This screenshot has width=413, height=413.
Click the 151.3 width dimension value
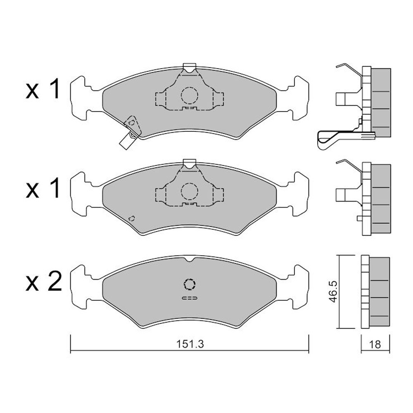click(x=190, y=344)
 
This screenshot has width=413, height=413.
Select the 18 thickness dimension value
click(x=375, y=344)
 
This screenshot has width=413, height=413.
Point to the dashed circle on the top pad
click(x=190, y=95)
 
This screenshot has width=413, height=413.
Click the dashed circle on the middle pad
click(x=190, y=191)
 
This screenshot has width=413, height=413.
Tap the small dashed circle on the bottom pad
click(x=190, y=284)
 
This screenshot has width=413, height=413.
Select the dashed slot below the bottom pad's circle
click(x=190, y=298)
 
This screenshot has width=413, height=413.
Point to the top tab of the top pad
click(x=190, y=67)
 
